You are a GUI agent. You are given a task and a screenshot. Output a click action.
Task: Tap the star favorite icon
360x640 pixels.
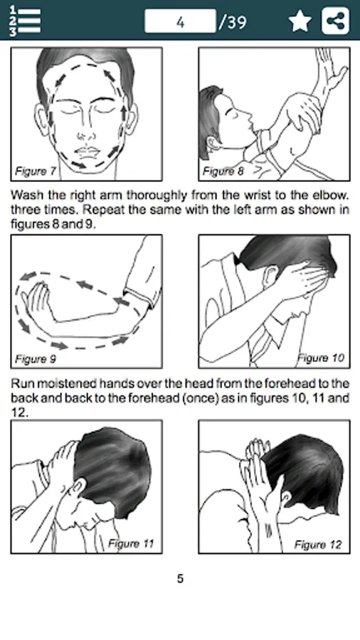tap(300, 21)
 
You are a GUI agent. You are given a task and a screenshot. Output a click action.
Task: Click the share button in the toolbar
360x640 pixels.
tap(336, 21)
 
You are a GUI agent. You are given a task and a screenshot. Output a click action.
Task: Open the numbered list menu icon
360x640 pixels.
tap(25, 21)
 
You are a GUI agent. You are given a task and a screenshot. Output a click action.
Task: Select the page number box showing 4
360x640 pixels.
tap(180, 21)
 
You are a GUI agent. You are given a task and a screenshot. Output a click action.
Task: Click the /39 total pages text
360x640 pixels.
tap(233, 22)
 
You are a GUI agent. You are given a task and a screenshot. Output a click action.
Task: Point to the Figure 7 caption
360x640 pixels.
tap(35, 171)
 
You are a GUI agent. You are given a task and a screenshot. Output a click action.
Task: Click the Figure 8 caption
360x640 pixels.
tap(223, 171)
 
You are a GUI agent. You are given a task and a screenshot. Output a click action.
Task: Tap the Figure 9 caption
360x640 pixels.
tap(35, 359)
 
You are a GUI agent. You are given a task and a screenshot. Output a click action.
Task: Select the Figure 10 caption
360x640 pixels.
tap(321, 358)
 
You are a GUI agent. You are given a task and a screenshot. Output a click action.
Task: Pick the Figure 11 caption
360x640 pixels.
tap(131, 544)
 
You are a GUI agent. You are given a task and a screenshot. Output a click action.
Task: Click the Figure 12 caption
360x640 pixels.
tap(318, 545)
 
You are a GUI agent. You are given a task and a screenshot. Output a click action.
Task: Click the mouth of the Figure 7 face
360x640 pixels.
tap(88, 152)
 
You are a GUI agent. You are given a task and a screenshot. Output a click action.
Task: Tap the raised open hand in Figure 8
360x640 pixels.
tap(331, 70)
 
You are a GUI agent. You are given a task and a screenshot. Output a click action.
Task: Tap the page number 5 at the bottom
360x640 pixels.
tap(180, 578)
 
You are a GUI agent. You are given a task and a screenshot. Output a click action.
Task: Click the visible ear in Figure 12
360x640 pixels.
tap(286, 498)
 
